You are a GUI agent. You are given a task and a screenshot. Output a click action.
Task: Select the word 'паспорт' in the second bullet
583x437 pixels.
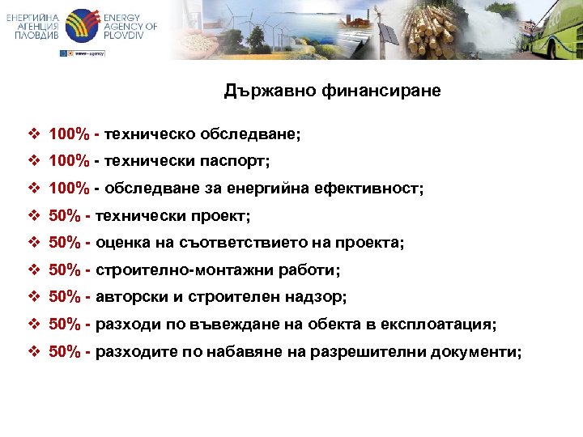coord(240,161)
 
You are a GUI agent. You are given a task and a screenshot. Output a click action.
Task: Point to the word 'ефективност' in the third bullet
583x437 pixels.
coord(378,189)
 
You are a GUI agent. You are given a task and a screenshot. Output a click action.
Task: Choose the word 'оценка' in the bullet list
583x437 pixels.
coord(121,243)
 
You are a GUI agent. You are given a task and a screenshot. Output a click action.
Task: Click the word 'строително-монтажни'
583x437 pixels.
coord(165,270)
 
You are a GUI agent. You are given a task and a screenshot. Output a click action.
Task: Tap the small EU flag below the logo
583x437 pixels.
coord(65,53)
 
